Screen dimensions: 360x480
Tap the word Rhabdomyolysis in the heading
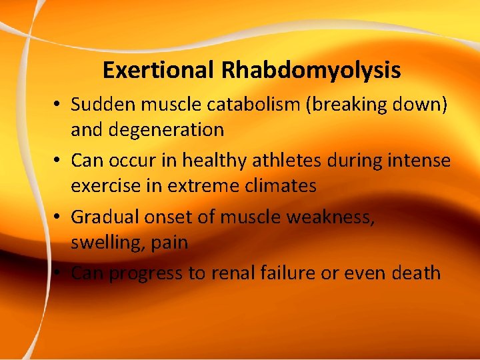(313, 70)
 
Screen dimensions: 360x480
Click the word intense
(418, 161)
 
